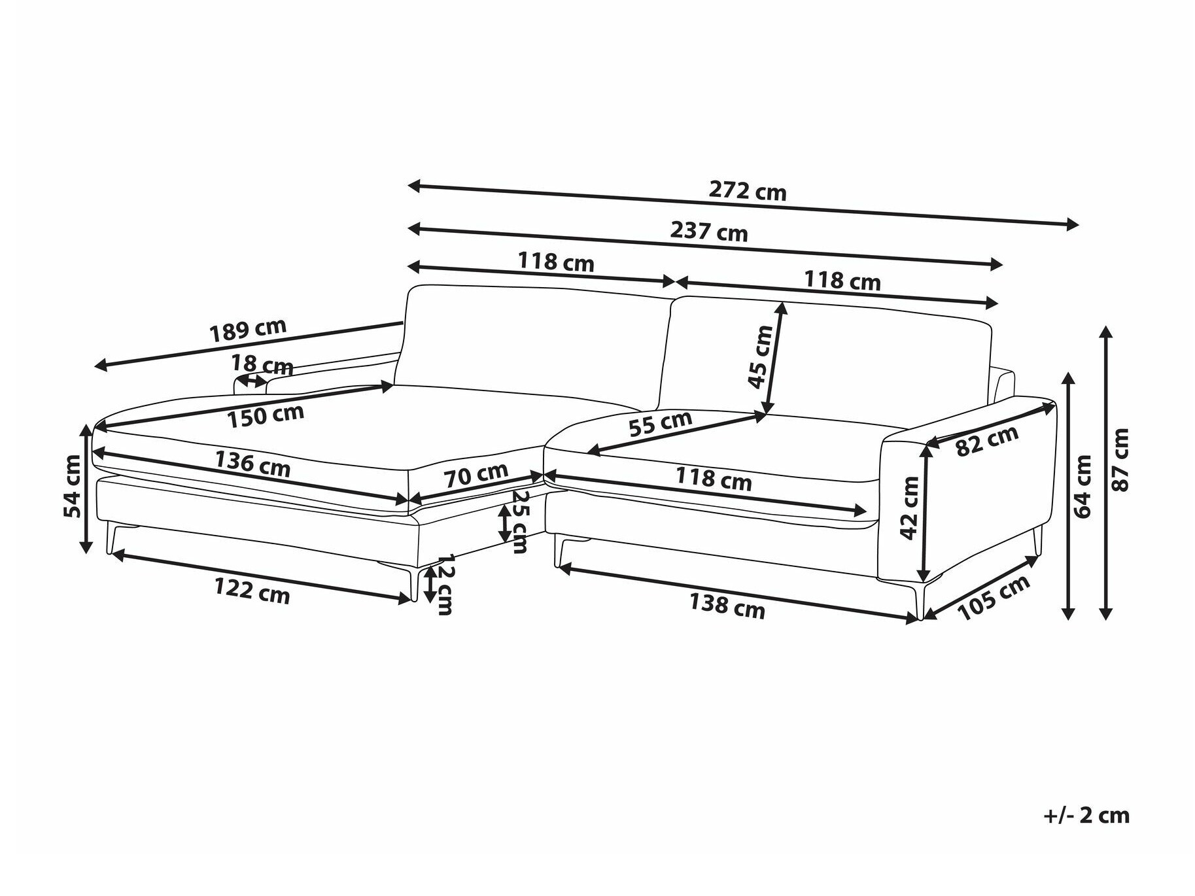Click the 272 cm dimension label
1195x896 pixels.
[x=748, y=190]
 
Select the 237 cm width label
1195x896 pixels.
[x=708, y=231]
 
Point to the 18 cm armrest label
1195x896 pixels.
[x=262, y=365]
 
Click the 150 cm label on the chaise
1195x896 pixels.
[x=266, y=415]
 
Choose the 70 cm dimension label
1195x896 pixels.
[x=477, y=475]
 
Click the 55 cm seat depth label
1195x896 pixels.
[x=660, y=423]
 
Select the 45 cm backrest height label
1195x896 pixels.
[x=761, y=356]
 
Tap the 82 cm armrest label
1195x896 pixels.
[x=987, y=440]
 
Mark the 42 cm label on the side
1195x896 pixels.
[x=909, y=508]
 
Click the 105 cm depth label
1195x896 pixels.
[x=994, y=598]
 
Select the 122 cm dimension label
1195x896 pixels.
[x=252, y=591]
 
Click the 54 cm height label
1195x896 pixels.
[x=73, y=486]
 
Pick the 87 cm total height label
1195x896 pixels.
[x=1120, y=460]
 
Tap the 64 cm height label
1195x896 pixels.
[x=1082, y=487]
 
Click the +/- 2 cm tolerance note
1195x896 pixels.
[x=1086, y=815]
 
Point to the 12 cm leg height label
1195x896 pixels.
[x=445, y=584]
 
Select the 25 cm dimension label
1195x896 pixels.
[x=519, y=521]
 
